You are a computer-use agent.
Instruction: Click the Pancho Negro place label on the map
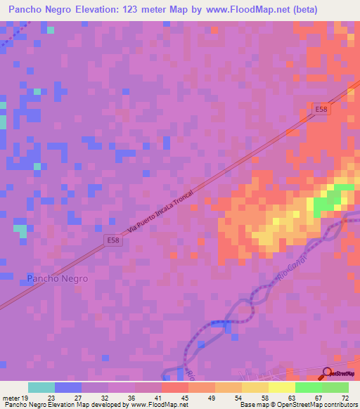click(x=58, y=278)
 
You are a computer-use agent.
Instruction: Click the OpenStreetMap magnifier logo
click(x=328, y=374)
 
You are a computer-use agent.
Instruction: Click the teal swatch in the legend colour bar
click(x=41, y=387)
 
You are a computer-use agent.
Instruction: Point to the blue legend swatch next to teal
click(x=68, y=387)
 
